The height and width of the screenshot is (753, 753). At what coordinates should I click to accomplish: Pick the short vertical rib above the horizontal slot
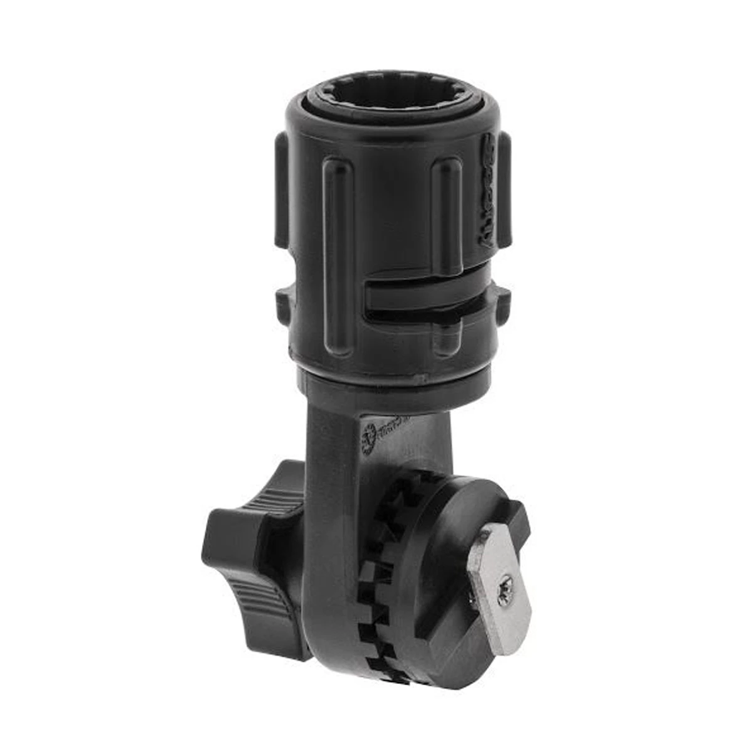pos(447,213)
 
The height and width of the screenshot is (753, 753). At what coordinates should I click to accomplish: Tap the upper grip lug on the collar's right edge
pos(504,188)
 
